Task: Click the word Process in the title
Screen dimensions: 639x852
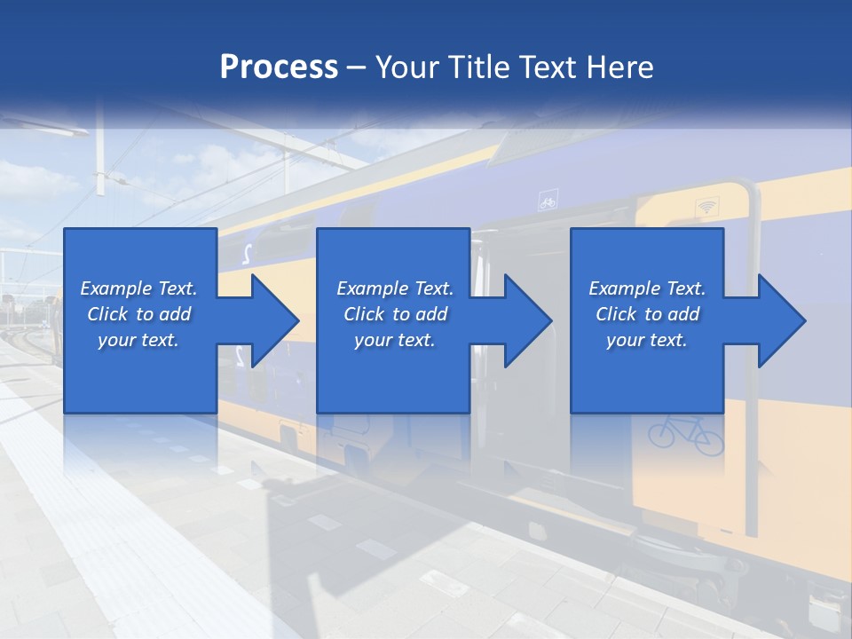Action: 279,67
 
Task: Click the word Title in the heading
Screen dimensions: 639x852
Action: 481,67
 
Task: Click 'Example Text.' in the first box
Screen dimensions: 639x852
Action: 138,288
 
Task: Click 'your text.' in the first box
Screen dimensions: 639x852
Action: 138,340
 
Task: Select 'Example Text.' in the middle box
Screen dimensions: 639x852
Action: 394,288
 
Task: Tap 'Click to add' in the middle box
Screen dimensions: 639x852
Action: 394,314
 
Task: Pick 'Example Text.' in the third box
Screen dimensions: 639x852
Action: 646,288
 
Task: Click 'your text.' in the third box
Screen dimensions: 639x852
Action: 646,340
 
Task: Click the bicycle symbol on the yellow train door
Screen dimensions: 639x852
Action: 685,435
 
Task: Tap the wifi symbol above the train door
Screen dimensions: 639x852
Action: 707,207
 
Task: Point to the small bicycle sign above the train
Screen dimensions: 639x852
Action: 548,203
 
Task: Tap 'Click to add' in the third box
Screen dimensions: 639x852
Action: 646,314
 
